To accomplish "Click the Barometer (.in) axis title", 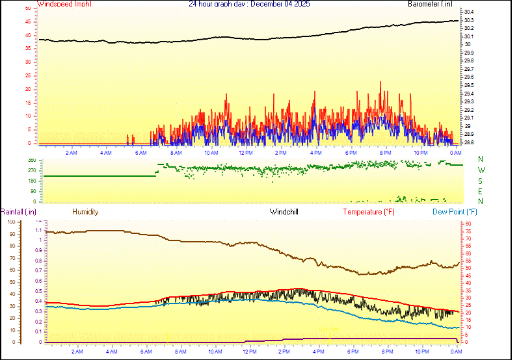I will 430,4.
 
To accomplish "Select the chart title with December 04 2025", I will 249,4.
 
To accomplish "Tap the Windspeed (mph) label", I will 64,4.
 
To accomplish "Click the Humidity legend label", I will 85,212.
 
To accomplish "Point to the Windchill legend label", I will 284,212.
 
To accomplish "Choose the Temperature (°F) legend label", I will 369,212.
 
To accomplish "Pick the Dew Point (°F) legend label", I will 455,212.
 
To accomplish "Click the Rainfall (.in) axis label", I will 18,212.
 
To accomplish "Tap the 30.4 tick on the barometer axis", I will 469,12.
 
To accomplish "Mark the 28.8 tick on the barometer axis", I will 469,142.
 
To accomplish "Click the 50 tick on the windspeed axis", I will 27,8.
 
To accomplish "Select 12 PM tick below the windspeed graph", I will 246,153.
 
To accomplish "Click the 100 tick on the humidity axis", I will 10,222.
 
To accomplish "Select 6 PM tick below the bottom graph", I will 353,352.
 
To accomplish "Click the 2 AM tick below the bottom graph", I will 77,352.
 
